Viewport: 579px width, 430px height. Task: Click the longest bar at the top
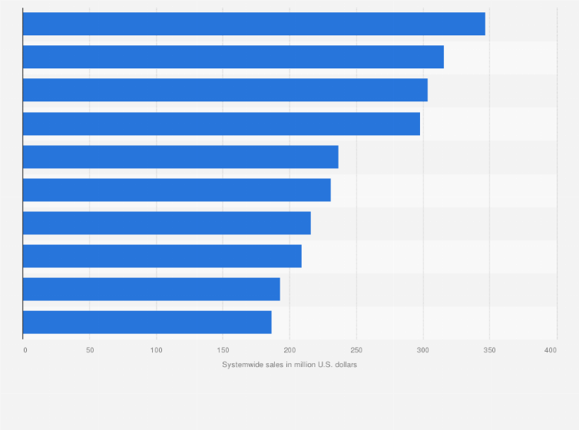tap(253, 24)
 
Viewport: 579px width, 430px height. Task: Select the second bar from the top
tap(233, 57)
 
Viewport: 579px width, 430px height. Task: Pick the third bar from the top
tap(225, 90)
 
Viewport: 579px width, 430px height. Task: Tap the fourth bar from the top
tap(221, 124)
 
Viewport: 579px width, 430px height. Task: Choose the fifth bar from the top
tap(180, 157)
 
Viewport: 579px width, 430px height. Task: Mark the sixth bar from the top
tap(177, 190)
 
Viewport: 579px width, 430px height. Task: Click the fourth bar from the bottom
tap(167, 223)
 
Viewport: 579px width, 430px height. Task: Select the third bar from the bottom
tap(162, 256)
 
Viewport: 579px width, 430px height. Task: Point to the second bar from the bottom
tap(151, 289)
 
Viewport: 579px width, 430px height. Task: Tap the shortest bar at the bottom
tap(147, 322)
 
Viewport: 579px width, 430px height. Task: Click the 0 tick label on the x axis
tap(25, 350)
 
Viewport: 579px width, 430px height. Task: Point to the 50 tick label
tap(90, 350)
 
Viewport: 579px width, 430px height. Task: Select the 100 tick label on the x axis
tap(157, 350)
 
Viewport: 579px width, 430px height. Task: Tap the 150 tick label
tap(223, 350)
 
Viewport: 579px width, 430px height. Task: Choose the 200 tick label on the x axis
tap(289, 350)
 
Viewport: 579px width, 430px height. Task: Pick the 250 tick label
tap(356, 350)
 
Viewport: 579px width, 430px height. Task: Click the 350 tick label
tap(489, 350)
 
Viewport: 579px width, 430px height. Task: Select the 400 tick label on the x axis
tap(551, 350)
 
